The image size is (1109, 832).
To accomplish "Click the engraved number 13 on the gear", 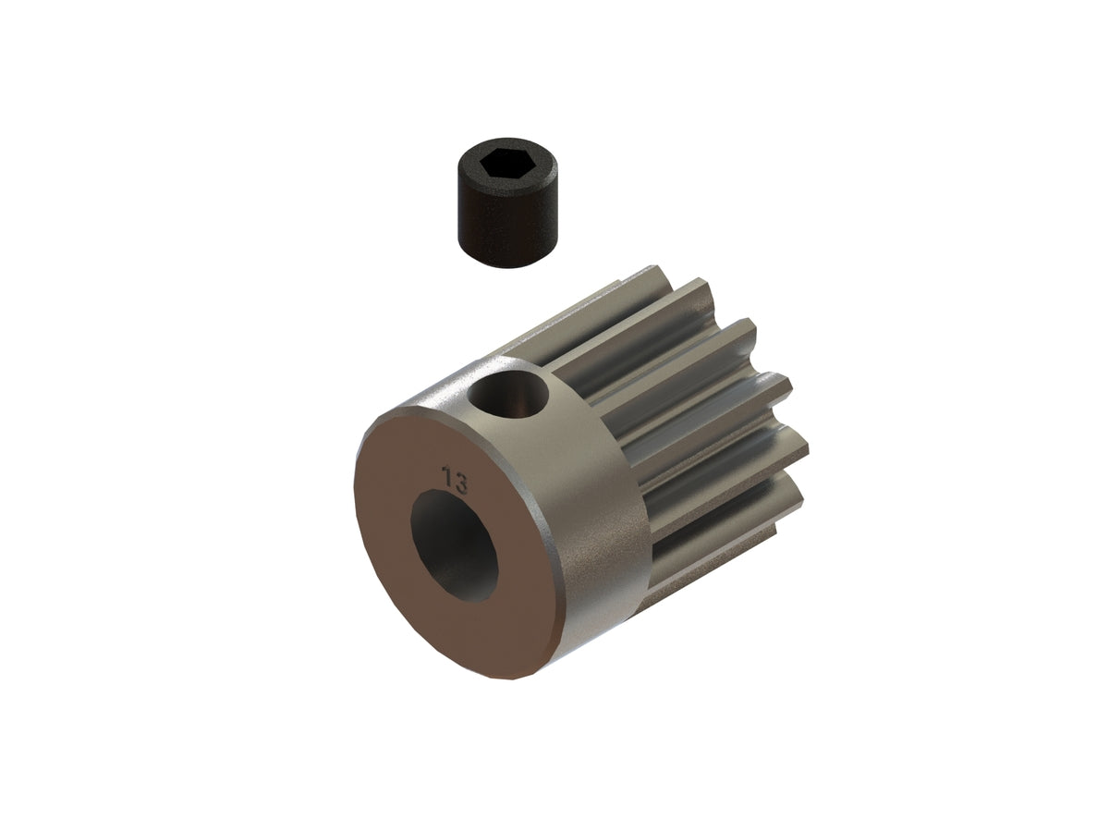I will tap(455, 481).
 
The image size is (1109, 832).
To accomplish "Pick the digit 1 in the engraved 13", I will tap(447, 479).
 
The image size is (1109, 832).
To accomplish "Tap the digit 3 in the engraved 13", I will tap(460, 483).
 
